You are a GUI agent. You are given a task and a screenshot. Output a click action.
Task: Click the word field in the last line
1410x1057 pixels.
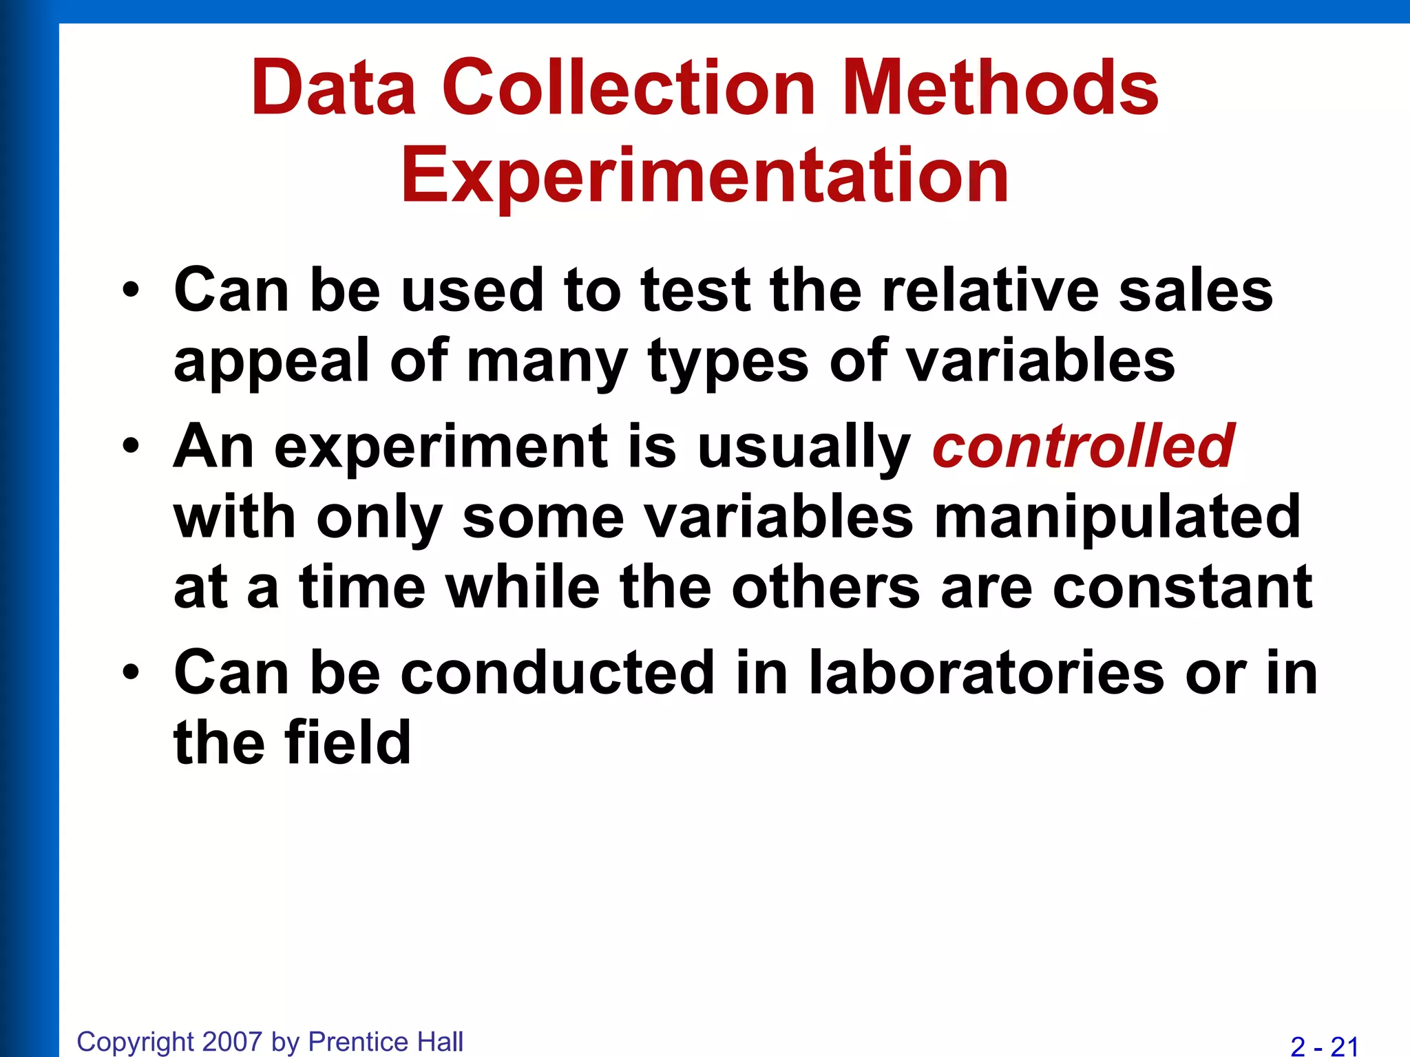[348, 743]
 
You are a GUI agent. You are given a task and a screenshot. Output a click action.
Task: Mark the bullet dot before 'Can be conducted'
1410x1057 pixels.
[131, 673]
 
